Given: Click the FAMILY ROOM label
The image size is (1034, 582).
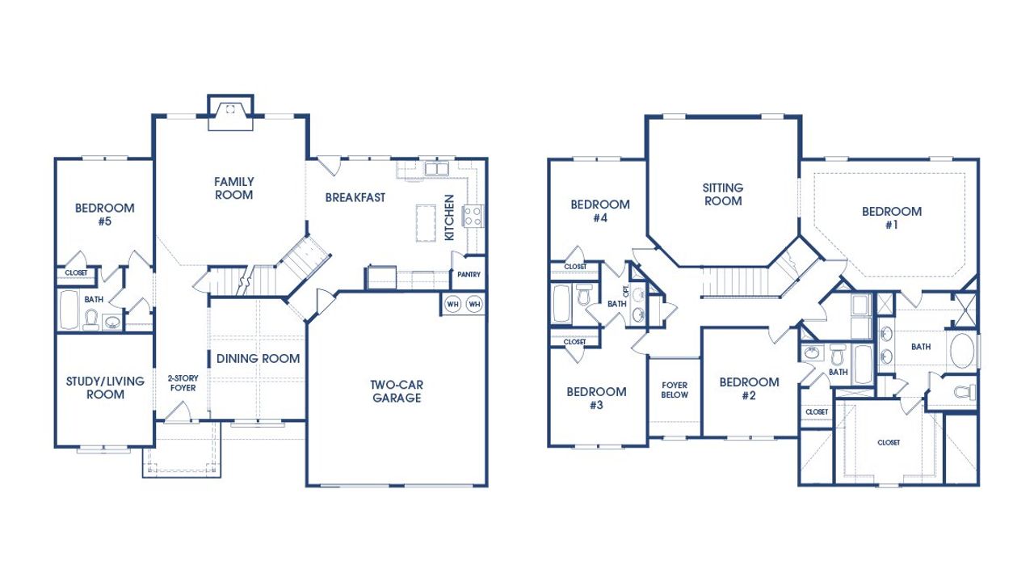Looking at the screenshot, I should click(x=233, y=188).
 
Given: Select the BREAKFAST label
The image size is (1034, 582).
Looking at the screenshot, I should click(x=355, y=197).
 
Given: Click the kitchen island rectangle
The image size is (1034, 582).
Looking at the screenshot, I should click(x=425, y=221).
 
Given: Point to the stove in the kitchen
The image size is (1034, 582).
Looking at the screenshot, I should click(x=472, y=216).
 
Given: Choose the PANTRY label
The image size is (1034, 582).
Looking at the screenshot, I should click(x=469, y=275).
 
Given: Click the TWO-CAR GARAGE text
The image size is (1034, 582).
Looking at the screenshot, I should click(x=396, y=391).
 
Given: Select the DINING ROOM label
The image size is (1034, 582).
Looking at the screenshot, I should click(x=258, y=358).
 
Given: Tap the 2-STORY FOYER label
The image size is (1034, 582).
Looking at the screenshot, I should click(x=183, y=382).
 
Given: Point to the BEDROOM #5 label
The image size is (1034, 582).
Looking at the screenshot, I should click(x=104, y=214).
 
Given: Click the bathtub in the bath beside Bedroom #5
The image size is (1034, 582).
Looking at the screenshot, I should click(x=69, y=310).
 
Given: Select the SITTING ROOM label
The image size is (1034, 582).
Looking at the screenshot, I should click(x=723, y=194).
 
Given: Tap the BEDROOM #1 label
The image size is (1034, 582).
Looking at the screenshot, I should click(x=891, y=218).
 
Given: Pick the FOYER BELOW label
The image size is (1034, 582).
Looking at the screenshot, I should click(x=675, y=390).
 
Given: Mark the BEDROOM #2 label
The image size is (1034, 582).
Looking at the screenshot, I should click(x=749, y=389).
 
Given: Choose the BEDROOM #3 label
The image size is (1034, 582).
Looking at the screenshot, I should click(x=596, y=399).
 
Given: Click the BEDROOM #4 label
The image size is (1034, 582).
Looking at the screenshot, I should click(x=599, y=211).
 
